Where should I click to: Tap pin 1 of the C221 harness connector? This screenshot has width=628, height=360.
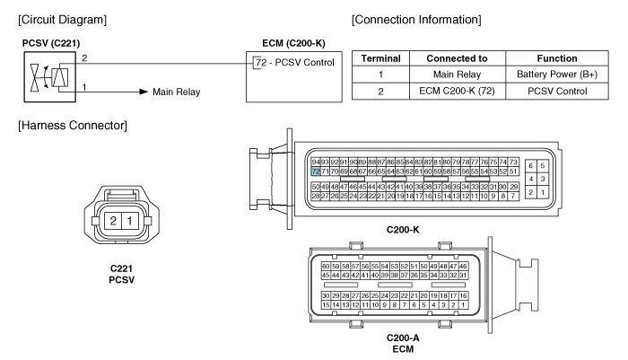[128, 220]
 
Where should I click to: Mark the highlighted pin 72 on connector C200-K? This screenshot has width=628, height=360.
[315, 170]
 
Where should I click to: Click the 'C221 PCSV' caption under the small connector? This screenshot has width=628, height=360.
[120, 274]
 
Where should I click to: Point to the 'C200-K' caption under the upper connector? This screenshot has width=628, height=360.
[402, 230]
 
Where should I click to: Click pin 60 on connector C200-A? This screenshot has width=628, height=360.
[327, 267]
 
